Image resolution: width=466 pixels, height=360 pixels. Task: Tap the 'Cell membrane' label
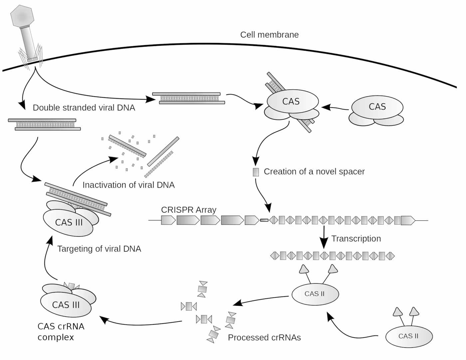[x=269, y=35]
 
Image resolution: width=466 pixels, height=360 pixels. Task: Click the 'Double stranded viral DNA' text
[x=84, y=108]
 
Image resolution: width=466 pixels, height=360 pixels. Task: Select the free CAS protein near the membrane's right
[x=377, y=107]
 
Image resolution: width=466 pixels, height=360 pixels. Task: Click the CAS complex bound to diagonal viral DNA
[x=291, y=102]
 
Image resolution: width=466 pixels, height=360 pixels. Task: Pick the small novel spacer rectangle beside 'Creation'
[x=256, y=172]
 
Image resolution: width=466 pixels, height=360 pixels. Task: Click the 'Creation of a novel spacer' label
[x=314, y=172]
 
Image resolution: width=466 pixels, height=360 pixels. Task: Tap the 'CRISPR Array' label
[x=188, y=210]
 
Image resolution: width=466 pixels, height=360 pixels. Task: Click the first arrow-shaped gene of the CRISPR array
[x=168, y=220]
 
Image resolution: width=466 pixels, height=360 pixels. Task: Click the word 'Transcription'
[x=356, y=238]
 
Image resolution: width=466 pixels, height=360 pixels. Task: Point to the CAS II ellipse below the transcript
[x=315, y=294]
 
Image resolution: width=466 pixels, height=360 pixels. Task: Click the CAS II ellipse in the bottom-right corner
[x=408, y=336]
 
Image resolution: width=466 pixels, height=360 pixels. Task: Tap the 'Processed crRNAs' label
[x=264, y=337]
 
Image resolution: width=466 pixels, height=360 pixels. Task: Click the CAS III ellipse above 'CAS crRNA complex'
[x=66, y=304]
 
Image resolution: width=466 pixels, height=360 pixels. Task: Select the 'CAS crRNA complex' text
[x=61, y=331]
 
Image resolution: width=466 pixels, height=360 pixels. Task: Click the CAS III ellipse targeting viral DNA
[x=68, y=222]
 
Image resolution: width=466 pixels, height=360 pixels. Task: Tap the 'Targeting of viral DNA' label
[x=99, y=249]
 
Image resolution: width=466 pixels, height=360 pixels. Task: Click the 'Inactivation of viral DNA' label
[x=128, y=185]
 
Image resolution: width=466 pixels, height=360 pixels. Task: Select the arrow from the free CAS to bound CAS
[x=335, y=108]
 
